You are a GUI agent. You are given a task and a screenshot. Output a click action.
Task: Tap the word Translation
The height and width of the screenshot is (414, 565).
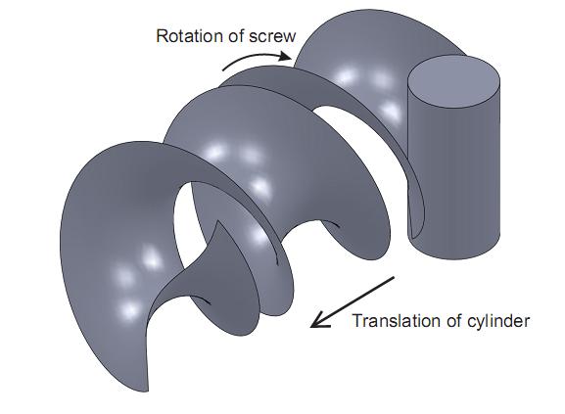tap(398, 320)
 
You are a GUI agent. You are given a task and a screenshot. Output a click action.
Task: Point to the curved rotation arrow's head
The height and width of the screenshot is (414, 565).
tap(285, 56)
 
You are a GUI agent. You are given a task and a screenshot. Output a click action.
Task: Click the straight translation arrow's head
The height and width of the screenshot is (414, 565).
tap(319, 320)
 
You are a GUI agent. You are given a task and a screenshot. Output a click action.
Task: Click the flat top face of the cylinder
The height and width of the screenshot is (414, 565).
tap(453, 81)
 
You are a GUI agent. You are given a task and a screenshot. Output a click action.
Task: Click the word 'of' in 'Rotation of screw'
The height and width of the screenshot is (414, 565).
tap(236, 36)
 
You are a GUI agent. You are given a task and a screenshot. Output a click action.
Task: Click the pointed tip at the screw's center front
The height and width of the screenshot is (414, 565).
tap(217, 222)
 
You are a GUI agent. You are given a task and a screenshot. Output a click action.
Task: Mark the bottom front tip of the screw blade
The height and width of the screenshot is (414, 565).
tap(147, 391)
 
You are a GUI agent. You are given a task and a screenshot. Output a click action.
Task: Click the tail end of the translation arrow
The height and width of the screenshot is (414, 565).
tap(395, 277)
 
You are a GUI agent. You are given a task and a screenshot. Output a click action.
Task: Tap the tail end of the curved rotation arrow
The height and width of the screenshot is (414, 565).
tap(223, 69)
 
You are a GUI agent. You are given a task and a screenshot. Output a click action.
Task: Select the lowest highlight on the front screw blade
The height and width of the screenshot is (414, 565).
tap(129, 310)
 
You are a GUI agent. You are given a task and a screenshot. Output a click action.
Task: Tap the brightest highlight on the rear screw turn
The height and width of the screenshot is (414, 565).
tap(346, 76)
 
